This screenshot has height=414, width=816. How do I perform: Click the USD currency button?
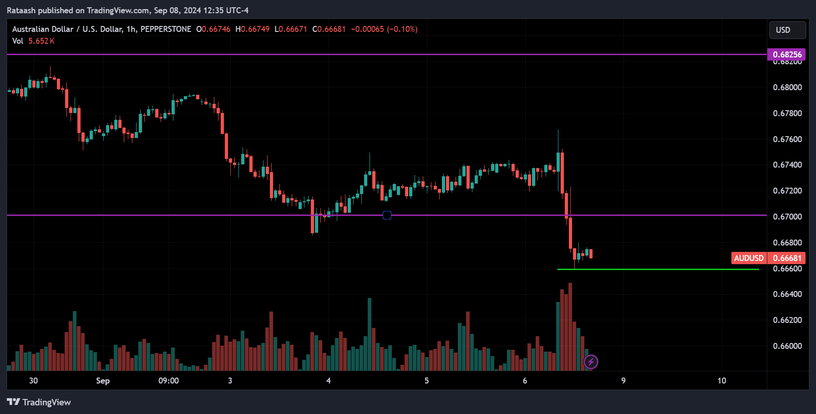pyautogui.click(x=787, y=30)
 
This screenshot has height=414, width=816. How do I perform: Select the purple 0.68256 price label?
pyautogui.click(x=786, y=55)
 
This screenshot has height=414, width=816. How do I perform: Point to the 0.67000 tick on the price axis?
pyautogui.click(x=787, y=217)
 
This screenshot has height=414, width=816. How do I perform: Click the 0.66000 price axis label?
pyautogui.click(x=787, y=346)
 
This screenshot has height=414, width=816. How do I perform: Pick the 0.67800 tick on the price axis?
pyautogui.click(x=787, y=113)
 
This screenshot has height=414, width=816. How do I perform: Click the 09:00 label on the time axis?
pyautogui.click(x=168, y=381)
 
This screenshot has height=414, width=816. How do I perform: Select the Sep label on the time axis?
pyautogui.click(x=103, y=381)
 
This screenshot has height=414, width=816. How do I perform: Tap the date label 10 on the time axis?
pyautogui.click(x=721, y=381)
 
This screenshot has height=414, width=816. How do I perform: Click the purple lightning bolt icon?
pyautogui.click(x=591, y=362)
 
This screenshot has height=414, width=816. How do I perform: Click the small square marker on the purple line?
pyautogui.click(x=387, y=215)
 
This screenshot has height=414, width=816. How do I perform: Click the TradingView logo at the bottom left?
pyautogui.click(x=39, y=402)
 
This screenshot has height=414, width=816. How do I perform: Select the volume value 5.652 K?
pyautogui.click(x=41, y=41)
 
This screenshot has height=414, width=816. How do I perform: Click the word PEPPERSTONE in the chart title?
pyautogui.click(x=166, y=29)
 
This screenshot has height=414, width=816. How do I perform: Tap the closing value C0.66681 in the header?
pyautogui.click(x=329, y=29)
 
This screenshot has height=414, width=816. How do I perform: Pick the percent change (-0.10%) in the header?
pyautogui.click(x=402, y=29)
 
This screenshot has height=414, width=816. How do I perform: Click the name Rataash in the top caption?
pyautogui.click(x=21, y=10)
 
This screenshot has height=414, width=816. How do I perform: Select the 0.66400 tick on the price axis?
pyautogui.click(x=787, y=294)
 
